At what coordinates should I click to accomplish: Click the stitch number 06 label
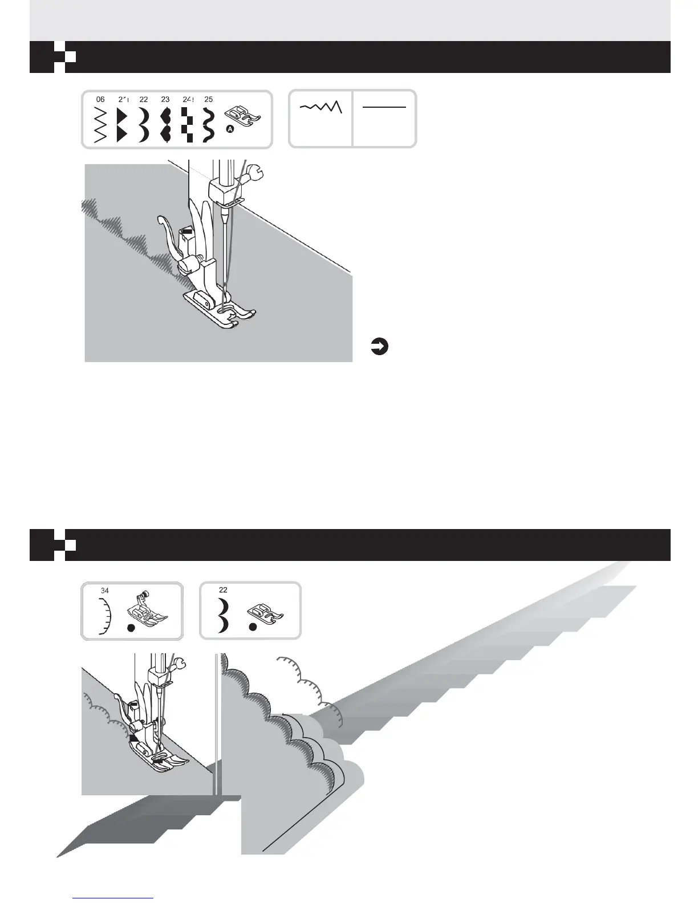[x=100, y=99]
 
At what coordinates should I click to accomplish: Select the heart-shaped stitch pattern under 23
[x=166, y=124]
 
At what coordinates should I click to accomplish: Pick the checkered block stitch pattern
[x=188, y=124]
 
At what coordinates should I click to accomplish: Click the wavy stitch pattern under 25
[x=208, y=124]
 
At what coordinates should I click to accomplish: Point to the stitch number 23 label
[x=165, y=99]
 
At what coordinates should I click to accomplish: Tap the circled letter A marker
[x=230, y=130]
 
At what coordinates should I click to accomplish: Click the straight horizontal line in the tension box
[x=384, y=107]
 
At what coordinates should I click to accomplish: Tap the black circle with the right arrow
[x=379, y=346]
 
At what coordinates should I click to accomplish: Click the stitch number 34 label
[x=105, y=591]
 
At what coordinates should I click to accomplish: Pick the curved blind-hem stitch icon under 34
[x=104, y=616]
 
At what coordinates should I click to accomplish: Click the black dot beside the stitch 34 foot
[x=131, y=627]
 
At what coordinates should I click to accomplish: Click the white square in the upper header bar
[x=71, y=57]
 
